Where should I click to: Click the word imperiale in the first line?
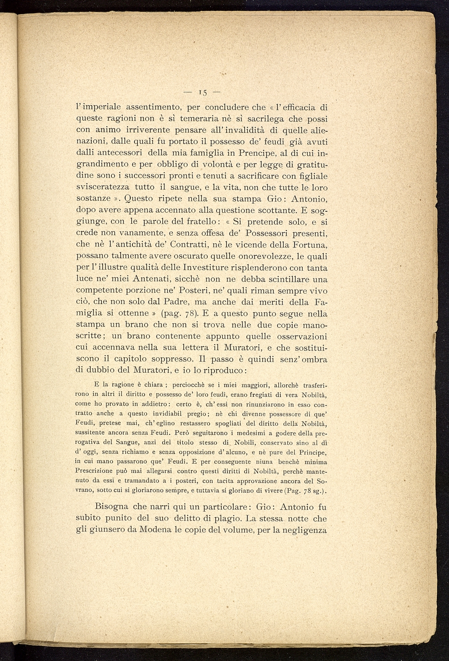point(103,108)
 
